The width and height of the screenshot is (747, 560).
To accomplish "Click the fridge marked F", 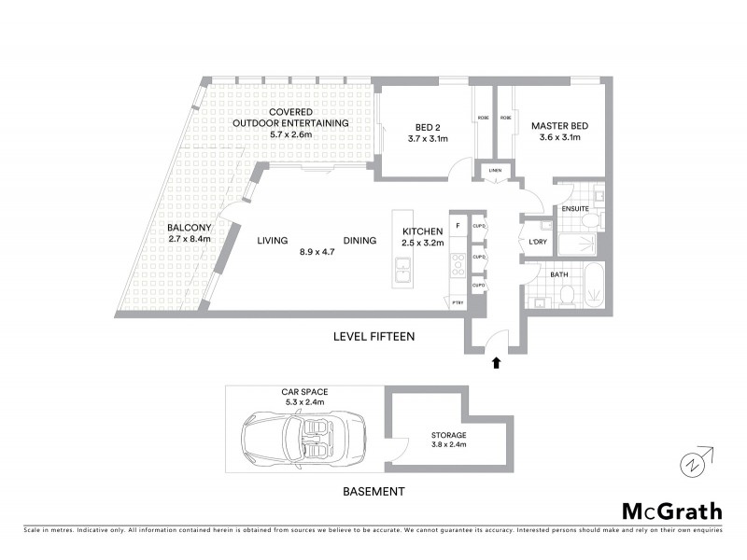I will (458, 226).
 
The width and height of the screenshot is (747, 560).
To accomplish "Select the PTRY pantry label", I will (458, 301).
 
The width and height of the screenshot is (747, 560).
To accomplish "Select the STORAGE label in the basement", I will (449, 435).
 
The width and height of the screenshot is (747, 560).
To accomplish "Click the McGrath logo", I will (671, 511).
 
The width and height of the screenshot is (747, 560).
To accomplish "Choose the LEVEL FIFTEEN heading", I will (373, 336).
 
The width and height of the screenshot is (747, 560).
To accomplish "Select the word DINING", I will (359, 241).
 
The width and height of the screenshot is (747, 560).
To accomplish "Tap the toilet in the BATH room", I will (566, 296).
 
